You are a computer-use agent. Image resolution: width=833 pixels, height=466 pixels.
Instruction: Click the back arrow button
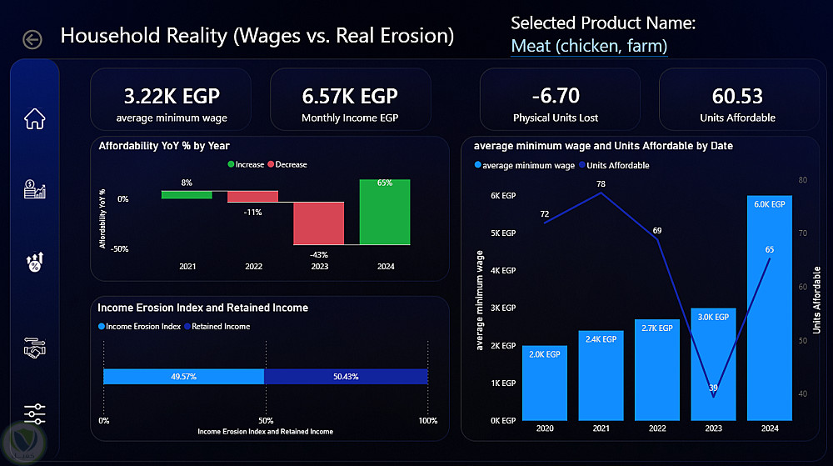32,39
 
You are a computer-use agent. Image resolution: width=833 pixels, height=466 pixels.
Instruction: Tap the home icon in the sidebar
34,118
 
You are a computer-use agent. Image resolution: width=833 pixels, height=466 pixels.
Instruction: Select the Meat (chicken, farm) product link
589,46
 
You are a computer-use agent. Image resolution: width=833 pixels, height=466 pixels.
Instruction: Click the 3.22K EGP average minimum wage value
172,96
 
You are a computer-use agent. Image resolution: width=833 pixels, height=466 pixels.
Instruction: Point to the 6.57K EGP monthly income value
350,96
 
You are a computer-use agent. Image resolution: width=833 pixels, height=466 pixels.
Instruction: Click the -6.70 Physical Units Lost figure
556,96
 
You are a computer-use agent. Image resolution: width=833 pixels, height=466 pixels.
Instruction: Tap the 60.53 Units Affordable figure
737,96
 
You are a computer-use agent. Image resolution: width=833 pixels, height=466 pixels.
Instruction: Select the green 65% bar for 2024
385,212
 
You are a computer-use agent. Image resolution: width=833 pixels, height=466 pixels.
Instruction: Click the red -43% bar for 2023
319,223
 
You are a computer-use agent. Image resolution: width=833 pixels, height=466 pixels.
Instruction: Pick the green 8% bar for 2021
187,194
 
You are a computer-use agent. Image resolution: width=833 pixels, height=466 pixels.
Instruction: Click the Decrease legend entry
287,165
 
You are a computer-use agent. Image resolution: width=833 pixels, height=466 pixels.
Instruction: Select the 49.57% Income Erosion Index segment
184,376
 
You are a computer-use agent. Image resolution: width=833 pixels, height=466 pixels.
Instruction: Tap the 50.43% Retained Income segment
346,376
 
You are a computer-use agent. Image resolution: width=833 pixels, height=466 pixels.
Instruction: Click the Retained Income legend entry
217,326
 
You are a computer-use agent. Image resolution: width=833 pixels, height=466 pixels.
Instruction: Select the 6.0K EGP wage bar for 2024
769,308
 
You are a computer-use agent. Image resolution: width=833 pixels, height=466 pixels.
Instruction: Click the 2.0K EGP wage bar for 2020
545,383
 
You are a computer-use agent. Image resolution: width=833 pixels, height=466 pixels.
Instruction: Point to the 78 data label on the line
601,184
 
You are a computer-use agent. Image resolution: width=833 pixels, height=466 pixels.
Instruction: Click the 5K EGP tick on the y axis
503,233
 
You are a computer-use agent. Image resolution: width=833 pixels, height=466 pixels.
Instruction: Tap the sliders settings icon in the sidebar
34,414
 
